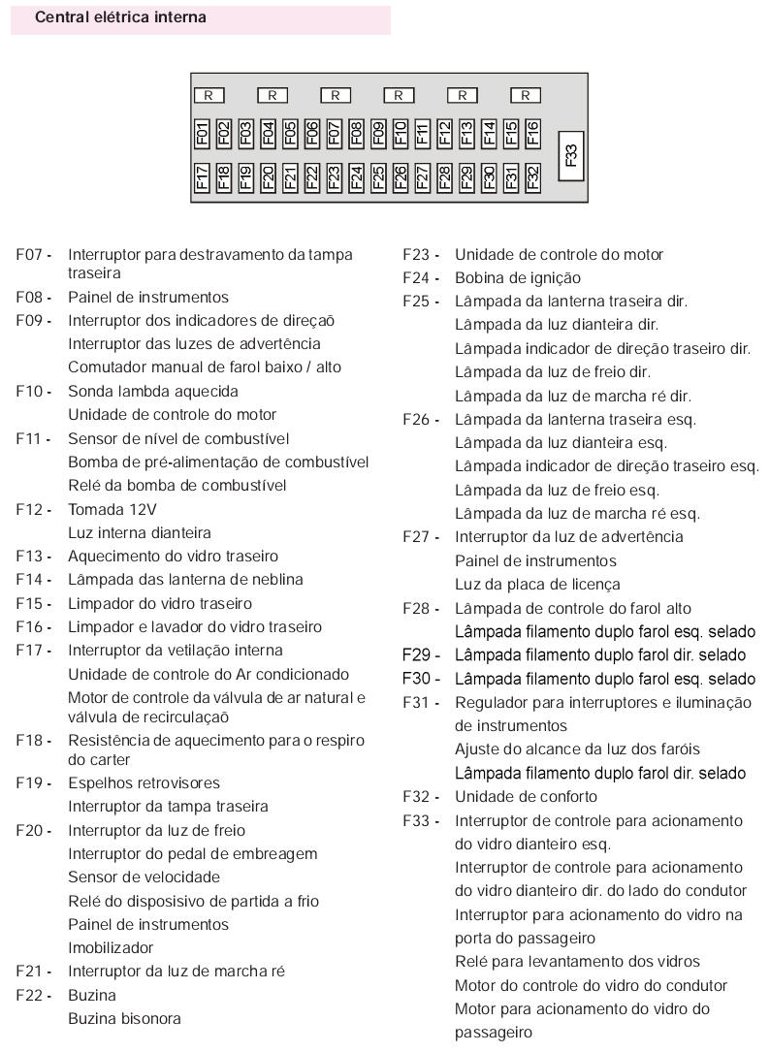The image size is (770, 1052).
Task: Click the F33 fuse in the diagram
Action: coord(571,154)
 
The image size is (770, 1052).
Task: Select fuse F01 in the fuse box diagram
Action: coord(202,133)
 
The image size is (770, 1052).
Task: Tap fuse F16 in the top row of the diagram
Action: coord(532,133)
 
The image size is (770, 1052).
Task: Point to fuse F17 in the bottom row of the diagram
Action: coord(202,176)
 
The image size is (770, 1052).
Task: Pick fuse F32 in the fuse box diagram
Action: coord(532,176)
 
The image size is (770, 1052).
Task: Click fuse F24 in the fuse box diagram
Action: coord(356,176)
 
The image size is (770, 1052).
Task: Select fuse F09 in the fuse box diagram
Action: coord(378,133)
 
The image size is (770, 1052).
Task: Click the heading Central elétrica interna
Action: coord(120,17)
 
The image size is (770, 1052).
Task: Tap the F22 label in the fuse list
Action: coord(32,995)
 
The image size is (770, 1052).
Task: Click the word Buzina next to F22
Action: coord(91,995)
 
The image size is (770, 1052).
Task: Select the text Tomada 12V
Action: coord(112,509)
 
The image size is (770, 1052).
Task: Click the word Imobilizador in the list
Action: coord(111,947)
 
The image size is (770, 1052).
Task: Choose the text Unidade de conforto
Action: coord(526,797)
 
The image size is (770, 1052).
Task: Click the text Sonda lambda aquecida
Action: coord(152,392)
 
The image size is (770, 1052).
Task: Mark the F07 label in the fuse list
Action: coord(32,255)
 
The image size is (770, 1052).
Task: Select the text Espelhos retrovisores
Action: coord(144,783)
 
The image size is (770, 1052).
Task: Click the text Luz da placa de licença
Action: coord(537,585)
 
